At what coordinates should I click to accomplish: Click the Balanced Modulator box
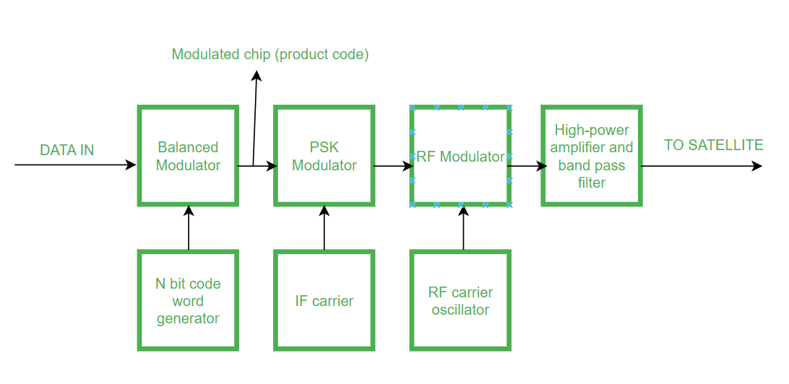click(188, 156)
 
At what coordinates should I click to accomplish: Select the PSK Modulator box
click(324, 156)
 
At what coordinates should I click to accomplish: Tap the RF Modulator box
click(461, 157)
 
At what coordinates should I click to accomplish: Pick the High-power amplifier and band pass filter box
click(592, 156)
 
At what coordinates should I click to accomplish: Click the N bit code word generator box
click(188, 300)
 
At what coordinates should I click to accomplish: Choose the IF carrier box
click(324, 300)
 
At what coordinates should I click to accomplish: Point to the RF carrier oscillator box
click(460, 300)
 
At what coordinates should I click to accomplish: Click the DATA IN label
click(66, 150)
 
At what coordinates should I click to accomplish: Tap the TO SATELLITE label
click(713, 145)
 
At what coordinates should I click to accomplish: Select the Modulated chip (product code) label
click(270, 54)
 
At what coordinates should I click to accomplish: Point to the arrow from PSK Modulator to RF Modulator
click(393, 165)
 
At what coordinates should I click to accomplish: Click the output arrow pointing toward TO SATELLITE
click(701, 165)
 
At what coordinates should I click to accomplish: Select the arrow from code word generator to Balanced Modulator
click(189, 228)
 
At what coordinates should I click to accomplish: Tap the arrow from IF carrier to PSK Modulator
click(324, 228)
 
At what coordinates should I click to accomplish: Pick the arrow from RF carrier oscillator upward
click(463, 228)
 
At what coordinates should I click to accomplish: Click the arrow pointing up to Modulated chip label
click(254, 115)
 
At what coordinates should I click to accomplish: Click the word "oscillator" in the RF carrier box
click(460, 310)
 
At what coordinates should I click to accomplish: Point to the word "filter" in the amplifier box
click(591, 183)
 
